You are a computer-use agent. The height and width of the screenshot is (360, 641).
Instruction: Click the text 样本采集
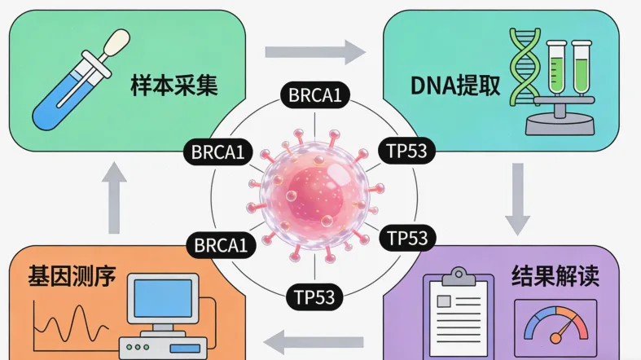[173, 87]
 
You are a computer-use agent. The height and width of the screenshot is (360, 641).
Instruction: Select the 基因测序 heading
[72, 276]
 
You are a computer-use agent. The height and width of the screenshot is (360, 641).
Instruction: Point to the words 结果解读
[556, 276]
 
